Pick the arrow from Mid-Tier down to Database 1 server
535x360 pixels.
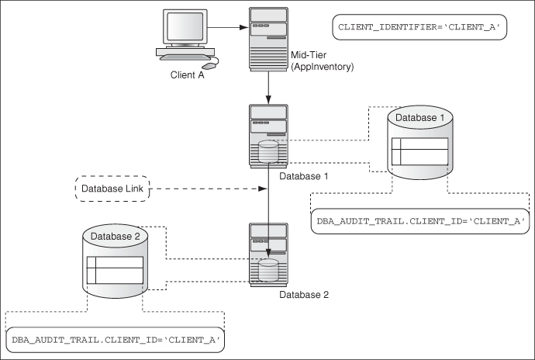pyautogui.click(x=267, y=85)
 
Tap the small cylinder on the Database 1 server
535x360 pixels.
pyautogui.click(x=267, y=151)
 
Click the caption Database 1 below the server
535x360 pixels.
pyautogui.click(x=303, y=177)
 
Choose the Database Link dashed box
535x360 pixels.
pyautogui.click(x=110, y=188)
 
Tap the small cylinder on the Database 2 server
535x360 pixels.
pyautogui.click(x=267, y=270)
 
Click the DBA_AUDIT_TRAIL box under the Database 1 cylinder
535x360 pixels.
pyautogui.click(x=421, y=222)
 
